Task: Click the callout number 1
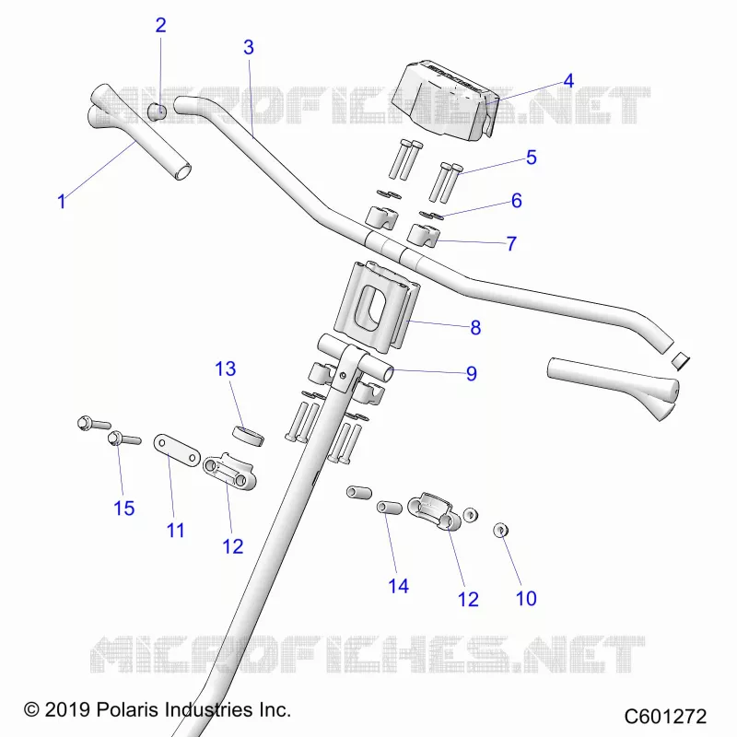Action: tap(61, 202)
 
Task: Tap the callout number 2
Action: tap(160, 26)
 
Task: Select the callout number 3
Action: tap(249, 48)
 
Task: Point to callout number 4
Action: tap(568, 81)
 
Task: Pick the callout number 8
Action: tap(475, 328)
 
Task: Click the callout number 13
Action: tap(225, 369)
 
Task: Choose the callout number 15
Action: tap(124, 509)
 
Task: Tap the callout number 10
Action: tap(526, 599)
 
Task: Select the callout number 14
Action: tap(398, 586)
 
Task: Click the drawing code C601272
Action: tap(665, 717)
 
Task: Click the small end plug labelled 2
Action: tap(157, 111)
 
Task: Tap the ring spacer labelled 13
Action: tap(249, 436)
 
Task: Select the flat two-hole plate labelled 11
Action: tap(177, 450)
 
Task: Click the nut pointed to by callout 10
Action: tap(501, 531)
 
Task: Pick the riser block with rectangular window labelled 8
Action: tap(376, 307)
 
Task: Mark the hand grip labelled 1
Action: tap(140, 131)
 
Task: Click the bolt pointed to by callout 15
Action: tap(124, 439)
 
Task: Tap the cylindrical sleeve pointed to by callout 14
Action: tap(390, 508)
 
